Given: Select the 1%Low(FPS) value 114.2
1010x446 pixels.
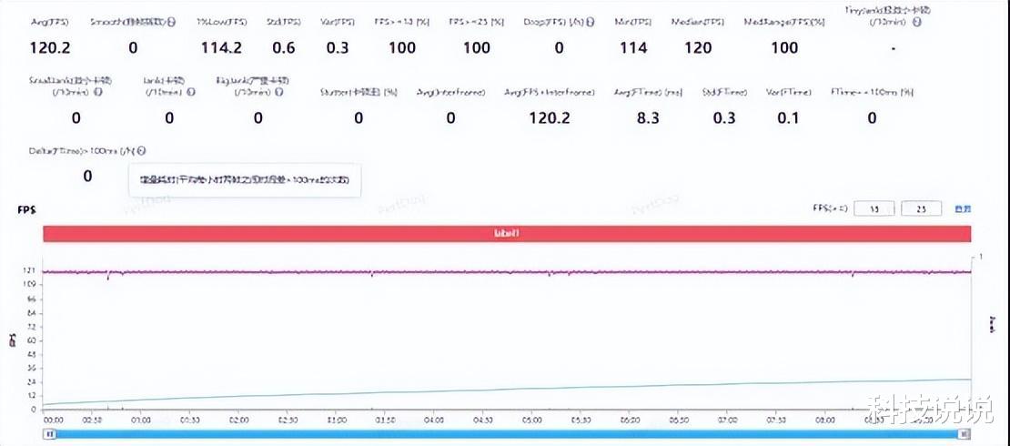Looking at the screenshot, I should point(221,48).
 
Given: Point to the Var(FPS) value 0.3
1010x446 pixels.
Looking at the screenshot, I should point(338,48).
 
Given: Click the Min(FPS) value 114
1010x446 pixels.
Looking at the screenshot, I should point(633,48).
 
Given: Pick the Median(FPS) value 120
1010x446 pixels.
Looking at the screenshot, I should point(698,48).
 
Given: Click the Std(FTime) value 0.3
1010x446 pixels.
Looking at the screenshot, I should point(724,117).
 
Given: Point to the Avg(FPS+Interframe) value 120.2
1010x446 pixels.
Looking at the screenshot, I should point(550,117).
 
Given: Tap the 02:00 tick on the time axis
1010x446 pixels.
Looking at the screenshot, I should point(238,421).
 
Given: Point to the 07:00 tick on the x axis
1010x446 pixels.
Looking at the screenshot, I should point(726,421).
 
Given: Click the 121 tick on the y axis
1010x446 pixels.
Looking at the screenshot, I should point(30,271).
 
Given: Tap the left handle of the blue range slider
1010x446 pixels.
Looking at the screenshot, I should point(52,434).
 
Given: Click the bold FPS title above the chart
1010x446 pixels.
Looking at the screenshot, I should point(25,209).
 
